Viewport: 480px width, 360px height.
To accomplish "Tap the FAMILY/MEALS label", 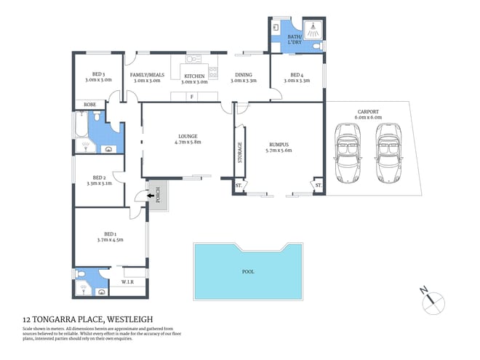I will click(148, 74).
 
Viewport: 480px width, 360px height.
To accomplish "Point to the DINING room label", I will click(244, 74).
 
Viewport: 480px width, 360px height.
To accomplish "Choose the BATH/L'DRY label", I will click(295, 39).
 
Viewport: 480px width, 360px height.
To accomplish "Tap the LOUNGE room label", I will click(188, 136).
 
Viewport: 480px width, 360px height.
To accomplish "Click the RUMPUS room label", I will click(279, 144).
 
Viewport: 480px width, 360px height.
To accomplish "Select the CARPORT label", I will click(367, 111).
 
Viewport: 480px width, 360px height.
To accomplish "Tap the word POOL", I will click(247, 272).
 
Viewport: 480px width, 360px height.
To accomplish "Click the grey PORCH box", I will click(155, 196).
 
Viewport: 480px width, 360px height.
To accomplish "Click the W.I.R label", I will click(126, 281).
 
